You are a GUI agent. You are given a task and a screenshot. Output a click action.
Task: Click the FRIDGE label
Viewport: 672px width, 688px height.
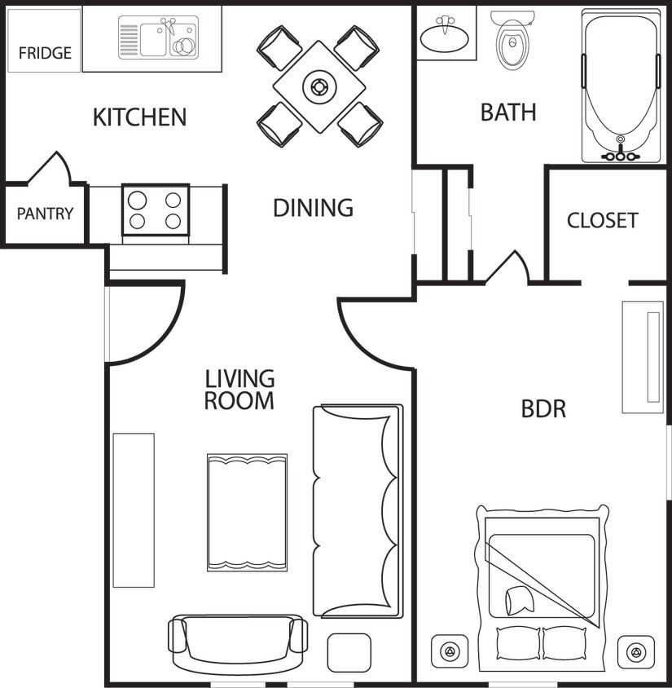point(45,54)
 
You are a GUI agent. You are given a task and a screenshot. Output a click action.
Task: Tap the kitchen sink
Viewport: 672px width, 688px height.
point(158,39)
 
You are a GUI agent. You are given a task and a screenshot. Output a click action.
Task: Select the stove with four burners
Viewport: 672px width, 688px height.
point(155,209)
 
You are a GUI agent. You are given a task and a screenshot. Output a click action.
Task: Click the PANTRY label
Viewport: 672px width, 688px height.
point(45,214)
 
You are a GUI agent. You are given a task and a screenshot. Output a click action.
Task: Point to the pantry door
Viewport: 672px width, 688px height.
point(51,169)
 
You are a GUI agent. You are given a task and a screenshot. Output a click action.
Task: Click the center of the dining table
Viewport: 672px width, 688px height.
point(318,86)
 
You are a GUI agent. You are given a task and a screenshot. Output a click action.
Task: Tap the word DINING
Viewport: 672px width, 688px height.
point(313,208)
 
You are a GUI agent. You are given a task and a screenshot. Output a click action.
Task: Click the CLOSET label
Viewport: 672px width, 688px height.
point(602,220)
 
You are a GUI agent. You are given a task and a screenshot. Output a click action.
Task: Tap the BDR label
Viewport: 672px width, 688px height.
point(543,408)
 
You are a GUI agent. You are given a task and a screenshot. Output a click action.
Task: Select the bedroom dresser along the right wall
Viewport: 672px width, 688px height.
point(643,357)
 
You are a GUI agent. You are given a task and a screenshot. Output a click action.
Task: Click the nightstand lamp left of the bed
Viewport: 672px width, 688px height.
point(449,652)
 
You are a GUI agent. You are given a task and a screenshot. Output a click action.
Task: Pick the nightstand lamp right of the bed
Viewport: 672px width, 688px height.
point(636,652)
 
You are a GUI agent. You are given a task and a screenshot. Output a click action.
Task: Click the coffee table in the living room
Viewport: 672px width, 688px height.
point(247,512)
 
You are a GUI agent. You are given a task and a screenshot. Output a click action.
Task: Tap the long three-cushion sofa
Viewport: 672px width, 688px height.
point(358,511)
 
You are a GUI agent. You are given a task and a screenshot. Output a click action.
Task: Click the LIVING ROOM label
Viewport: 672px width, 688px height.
point(239,390)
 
